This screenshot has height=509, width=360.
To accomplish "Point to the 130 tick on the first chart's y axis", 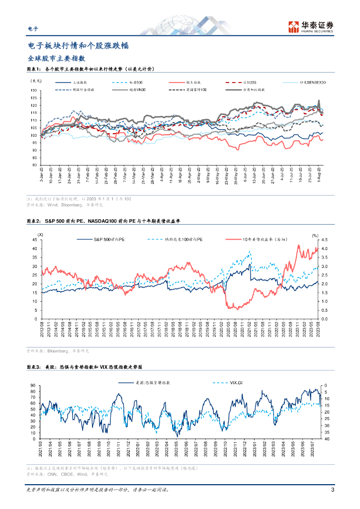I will coord(34,90).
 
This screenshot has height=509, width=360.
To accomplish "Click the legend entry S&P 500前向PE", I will coord(107,240).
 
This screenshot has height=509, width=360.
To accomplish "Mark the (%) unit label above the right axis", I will coord(315,235).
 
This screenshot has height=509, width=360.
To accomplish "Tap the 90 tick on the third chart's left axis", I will coord(33,386).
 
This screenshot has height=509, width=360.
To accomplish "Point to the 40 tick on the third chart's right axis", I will coord(325,439).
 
